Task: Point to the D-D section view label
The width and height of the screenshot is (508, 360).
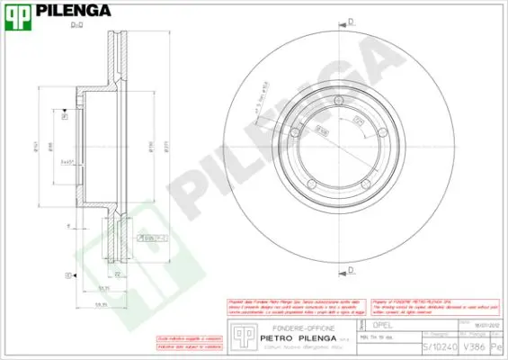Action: point(77,26)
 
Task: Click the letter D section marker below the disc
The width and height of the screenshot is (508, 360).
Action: point(351,269)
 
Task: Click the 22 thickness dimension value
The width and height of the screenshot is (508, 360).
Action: point(118,273)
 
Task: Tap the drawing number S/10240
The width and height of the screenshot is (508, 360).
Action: point(439,346)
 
